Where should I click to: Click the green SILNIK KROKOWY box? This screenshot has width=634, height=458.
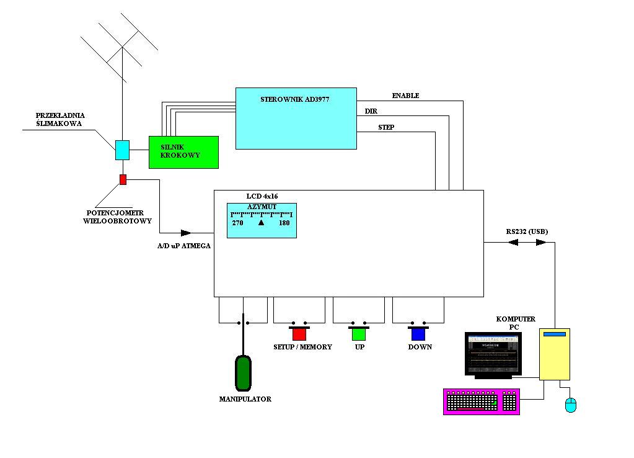[183, 152]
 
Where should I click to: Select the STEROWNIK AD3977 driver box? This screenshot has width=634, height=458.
[296, 118]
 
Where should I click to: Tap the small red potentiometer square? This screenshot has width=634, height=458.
[123, 179]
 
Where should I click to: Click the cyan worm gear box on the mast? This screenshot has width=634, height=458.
[123, 150]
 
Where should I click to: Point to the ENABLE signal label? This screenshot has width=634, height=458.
[405, 96]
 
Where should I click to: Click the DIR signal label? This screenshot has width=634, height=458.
[371, 111]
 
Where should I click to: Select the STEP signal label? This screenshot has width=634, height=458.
[386, 127]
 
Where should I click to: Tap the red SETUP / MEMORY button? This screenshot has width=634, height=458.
[299, 333]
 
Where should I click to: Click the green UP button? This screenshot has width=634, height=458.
[359, 333]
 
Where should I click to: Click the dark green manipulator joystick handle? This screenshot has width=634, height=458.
[244, 372]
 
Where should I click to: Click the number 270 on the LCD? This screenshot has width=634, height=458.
[238, 223]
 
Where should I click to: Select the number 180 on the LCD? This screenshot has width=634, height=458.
[284, 223]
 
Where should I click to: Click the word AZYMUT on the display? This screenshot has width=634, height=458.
[262, 207]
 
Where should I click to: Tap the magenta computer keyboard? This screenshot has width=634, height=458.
[482, 402]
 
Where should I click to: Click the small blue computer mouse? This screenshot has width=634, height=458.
[571, 405]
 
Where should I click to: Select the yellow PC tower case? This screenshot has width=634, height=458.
[554, 354]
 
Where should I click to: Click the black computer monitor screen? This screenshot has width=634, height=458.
[493, 354]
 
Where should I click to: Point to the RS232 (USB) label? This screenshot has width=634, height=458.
[527, 231]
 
